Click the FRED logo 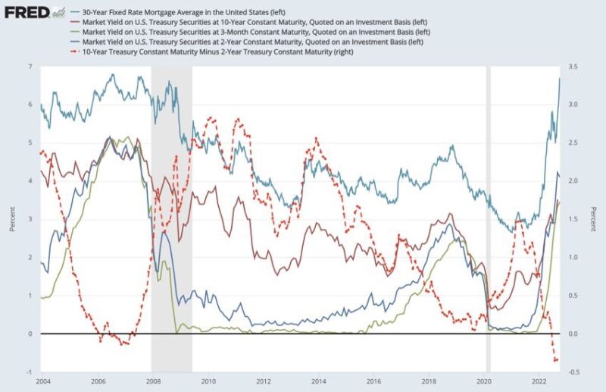click(27, 11)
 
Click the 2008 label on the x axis click(152, 381)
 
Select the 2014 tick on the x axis click(318, 381)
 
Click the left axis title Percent click(11, 219)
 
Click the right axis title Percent click(597, 219)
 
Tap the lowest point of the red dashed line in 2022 click(556, 362)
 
